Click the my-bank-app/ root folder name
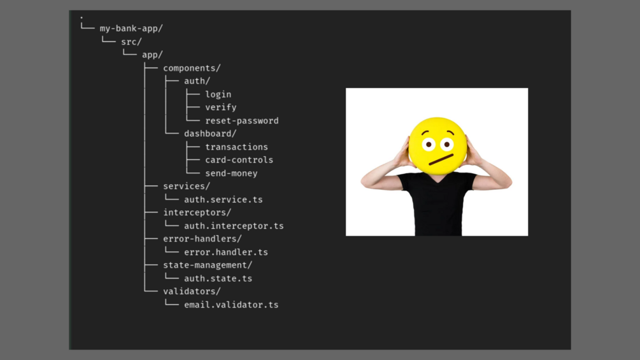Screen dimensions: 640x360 click(x=131, y=29)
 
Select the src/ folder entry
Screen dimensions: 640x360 click(x=131, y=41)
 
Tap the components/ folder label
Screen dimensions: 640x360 click(x=192, y=68)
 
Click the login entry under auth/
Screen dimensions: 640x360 click(x=218, y=94)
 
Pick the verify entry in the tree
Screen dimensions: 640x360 click(x=221, y=107)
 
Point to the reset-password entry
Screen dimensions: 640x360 click(x=241, y=121)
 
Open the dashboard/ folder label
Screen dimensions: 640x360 click(x=210, y=133)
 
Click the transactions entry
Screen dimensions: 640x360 click(x=236, y=147)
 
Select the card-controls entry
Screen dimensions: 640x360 click(x=239, y=160)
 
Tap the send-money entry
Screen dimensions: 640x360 click(x=231, y=173)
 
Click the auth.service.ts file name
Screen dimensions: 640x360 click(x=224, y=199)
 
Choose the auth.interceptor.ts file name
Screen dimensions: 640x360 click(x=234, y=226)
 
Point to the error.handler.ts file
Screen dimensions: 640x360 click(x=226, y=252)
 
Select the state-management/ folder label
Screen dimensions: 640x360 click(x=208, y=265)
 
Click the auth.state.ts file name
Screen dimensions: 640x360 click(x=218, y=278)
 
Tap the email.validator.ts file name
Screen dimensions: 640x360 click(x=231, y=305)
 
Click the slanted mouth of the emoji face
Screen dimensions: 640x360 click(x=441, y=159)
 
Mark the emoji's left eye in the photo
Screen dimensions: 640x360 click(x=429, y=145)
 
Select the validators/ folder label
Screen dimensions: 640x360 click(x=192, y=291)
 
